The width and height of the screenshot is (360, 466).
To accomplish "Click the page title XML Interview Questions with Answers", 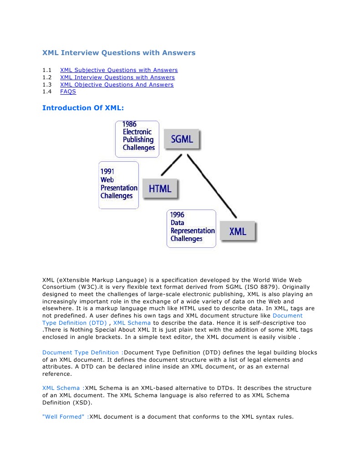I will (x=119, y=53).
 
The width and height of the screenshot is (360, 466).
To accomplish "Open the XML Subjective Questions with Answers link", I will (x=119, y=70).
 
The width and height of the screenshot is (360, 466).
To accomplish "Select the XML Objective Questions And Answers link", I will (x=117, y=85).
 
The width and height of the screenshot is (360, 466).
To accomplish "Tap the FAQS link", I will (x=68, y=92).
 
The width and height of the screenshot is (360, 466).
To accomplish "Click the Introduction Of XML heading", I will (x=83, y=108).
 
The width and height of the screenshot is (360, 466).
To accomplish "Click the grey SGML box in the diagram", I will (x=182, y=139).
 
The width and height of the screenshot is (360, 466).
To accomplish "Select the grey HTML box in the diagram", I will (x=160, y=189).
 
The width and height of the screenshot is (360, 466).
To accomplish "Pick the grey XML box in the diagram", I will (x=238, y=232).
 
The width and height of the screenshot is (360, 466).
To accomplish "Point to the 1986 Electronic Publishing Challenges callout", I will (x=137, y=139).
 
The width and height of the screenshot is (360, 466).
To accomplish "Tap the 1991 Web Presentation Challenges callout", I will (x=118, y=185).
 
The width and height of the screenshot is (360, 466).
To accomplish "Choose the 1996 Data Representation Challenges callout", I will (x=191, y=228).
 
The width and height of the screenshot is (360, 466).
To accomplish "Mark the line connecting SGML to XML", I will (x=212, y=186).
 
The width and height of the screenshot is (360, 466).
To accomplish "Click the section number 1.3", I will (x=47, y=85).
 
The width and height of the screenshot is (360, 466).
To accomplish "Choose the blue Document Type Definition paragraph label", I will (x=82, y=353).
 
